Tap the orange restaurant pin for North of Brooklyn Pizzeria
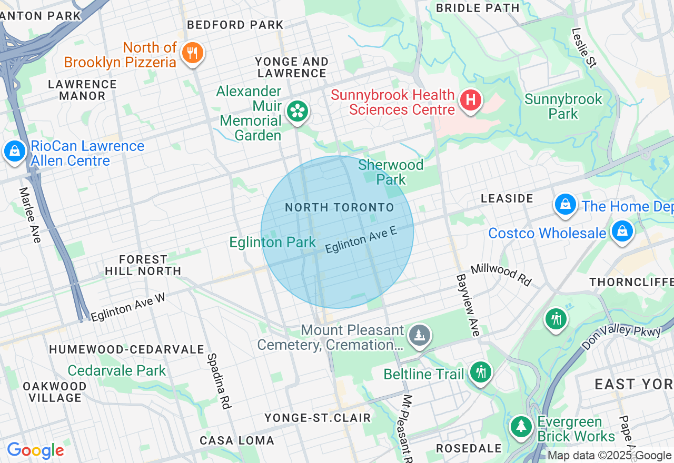[x=192, y=53]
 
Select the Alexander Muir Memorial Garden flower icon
[x=298, y=111]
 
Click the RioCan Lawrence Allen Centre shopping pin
[x=14, y=152]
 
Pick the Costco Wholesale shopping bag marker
[x=622, y=231]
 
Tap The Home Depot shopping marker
[x=565, y=204]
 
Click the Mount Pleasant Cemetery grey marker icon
[x=419, y=335]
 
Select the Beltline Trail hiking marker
[x=480, y=372]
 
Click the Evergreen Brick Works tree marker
[x=521, y=426]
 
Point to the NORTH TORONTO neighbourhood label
[x=339, y=207]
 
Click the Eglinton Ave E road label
[x=361, y=240]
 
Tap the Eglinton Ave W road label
[x=128, y=307]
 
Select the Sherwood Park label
[x=391, y=172]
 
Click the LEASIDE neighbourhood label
[x=507, y=198]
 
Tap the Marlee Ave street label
[x=30, y=215]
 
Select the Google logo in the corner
[x=35, y=450]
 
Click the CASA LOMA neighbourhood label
[x=237, y=440]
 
